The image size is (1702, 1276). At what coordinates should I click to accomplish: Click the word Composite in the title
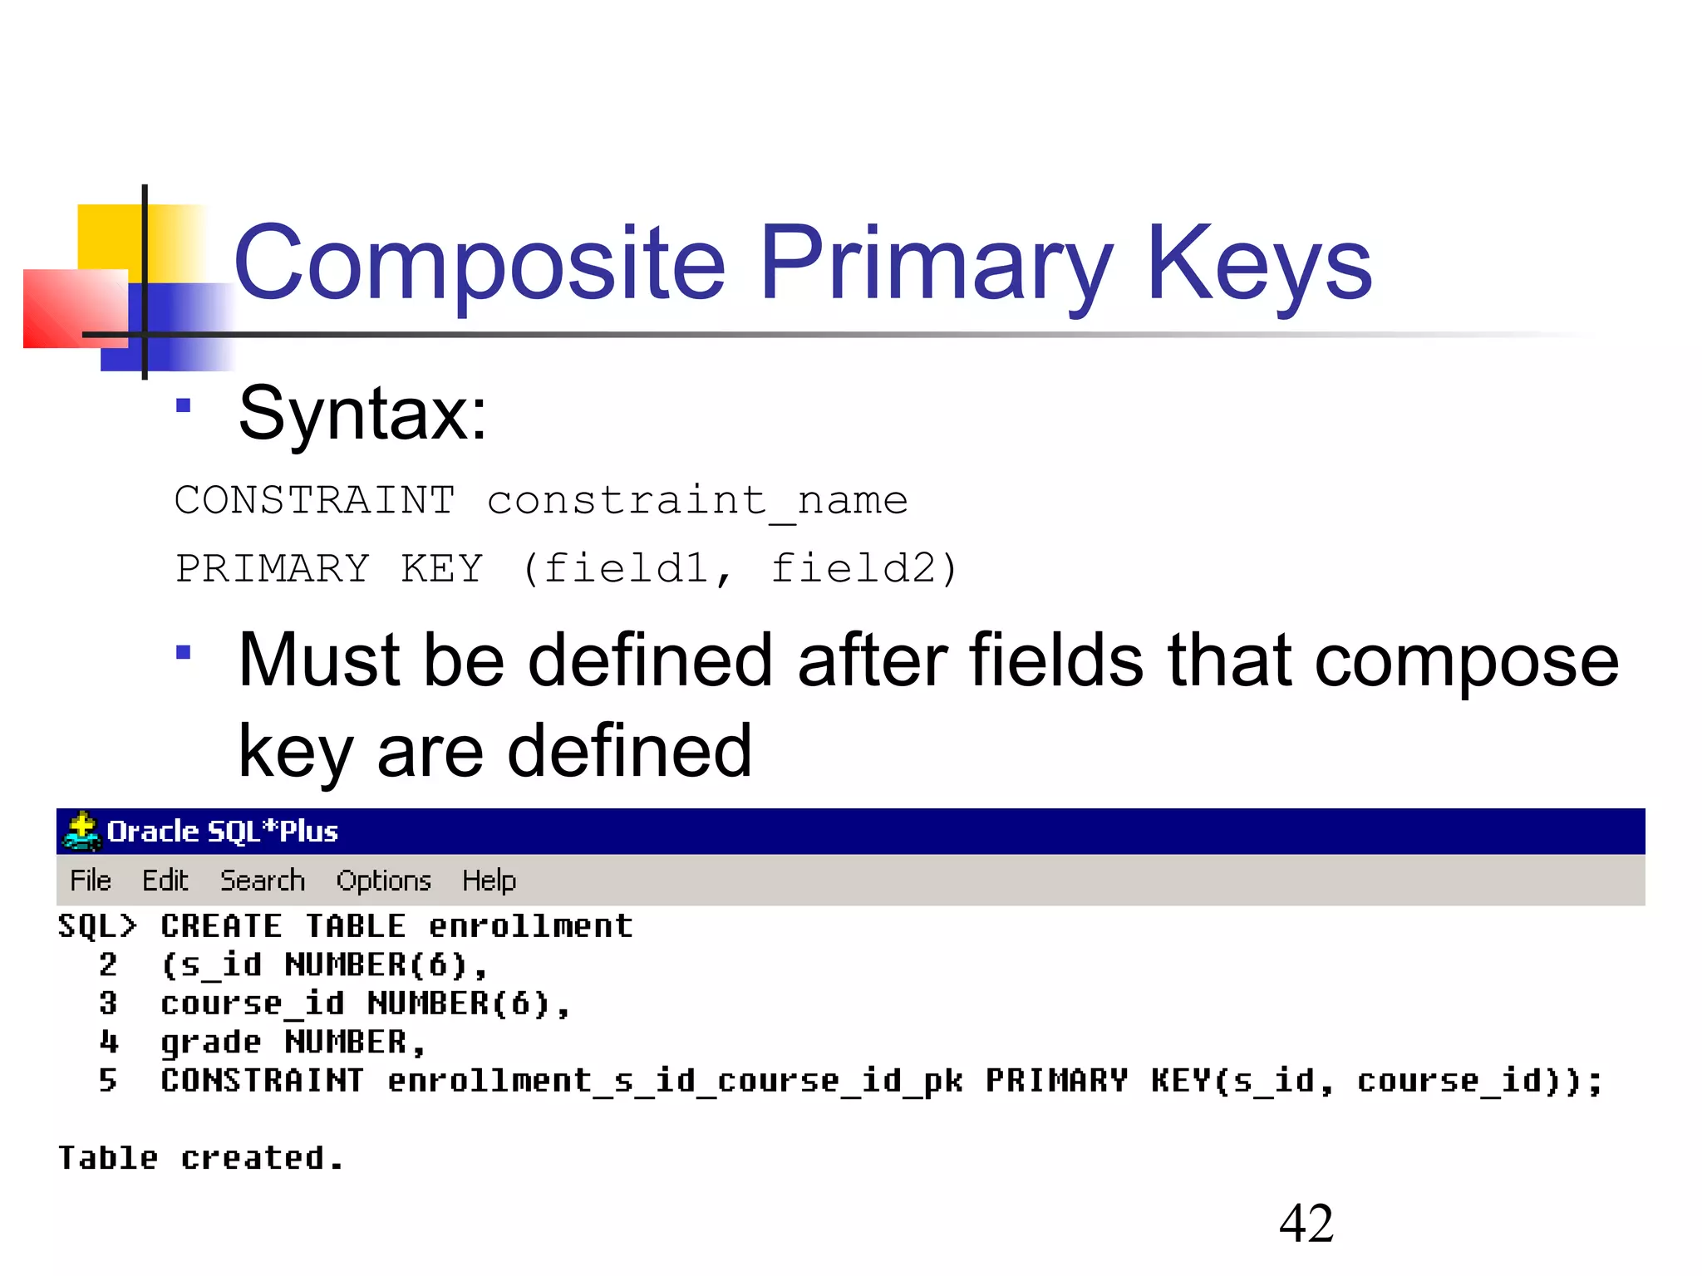pyautogui.click(x=480, y=264)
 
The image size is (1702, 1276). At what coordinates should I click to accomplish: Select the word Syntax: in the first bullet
pyautogui.click(x=362, y=413)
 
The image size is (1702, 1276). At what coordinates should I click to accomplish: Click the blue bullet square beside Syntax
pyautogui.click(x=184, y=405)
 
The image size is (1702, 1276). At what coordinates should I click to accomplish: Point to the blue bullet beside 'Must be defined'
pyautogui.click(x=184, y=652)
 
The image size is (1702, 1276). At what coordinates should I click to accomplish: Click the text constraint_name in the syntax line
pyautogui.click(x=697, y=501)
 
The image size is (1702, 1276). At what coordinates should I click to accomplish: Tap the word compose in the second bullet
pyautogui.click(x=1466, y=660)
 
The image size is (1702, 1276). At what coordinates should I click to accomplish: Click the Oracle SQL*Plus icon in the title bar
pyautogui.click(x=81, y=831)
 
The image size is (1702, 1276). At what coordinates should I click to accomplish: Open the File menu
pyautogui.click(x=90, y=881)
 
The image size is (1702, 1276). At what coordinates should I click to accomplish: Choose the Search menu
pyautogui.click(x=263, y=881)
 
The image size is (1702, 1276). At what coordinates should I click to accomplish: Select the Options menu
pyautogui.click(x=383, y=881)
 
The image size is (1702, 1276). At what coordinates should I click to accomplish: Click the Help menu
pyautogui.click(x=489, y=881)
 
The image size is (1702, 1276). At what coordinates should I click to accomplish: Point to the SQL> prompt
pyautogui.click(x=96, y=926)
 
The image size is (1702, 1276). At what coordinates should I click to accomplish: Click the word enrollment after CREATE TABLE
pyautogui.click(x=530, y=926)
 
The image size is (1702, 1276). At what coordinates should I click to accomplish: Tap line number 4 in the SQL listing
pyautogui.click(x=108, y=1042)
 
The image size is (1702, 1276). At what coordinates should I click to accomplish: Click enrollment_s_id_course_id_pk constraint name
pyautogui.click(x=675, y=1081)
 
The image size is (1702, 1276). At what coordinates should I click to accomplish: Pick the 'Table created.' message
pyautogui.click(x=199, y=1158)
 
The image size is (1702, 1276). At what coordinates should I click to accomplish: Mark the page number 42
pyautogui.click(x=1306, y=1224)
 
